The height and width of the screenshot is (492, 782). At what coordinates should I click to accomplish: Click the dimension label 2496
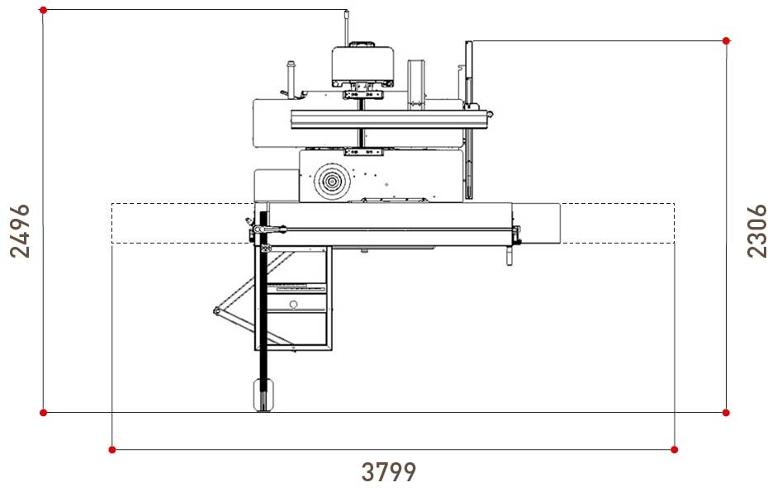point(20,230)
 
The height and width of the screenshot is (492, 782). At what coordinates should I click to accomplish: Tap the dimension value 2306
point(756,230)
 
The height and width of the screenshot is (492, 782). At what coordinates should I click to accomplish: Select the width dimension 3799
point(388,472)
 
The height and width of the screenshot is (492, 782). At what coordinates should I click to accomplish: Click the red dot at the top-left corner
point(44,10)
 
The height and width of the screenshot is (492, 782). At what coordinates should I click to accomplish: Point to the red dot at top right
point(726,41)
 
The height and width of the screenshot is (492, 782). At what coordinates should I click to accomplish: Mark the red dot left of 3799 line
point(112,450)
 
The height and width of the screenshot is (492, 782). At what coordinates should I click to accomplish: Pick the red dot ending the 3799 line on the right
point(675,450)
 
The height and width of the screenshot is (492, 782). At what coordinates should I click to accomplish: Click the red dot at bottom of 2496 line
point(44,413)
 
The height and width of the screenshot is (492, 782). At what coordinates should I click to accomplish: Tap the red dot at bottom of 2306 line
point(726,413)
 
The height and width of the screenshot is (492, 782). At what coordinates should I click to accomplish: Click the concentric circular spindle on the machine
point(332,182)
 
